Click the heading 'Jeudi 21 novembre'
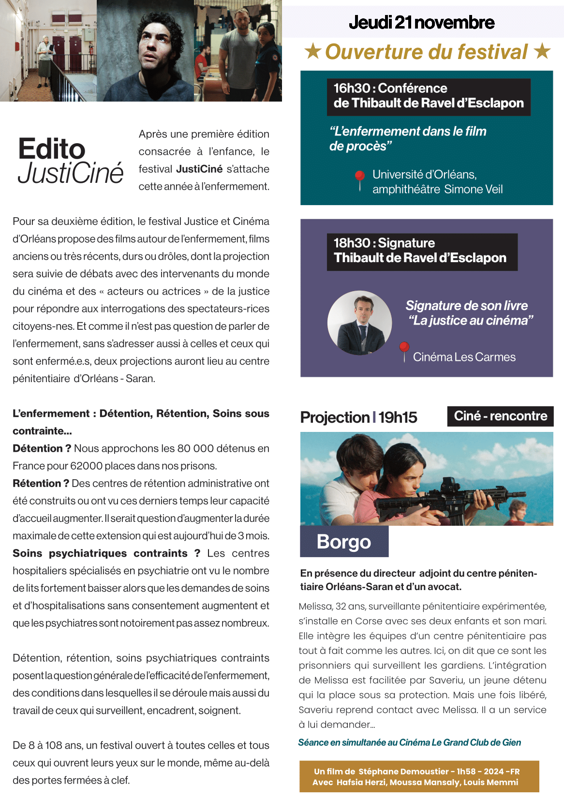pyautogui.click(x=421, y=23)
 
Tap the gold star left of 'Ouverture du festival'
pyautogui.click(x=313, y=51)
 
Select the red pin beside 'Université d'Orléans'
pyautogui.click(x=360, y=178)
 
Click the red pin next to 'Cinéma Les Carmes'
pyautogui.click(x=404, y=349)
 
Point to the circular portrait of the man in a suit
pyautogui.click(x=359, y=323)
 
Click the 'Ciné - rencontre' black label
pyautogui.click(x=500, y=416)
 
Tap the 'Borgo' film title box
pyautogui.click(x=344, y=542)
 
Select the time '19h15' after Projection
pyautogui.click(x=398, y=417)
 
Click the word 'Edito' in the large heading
pyautogui.click(x=52, y=148)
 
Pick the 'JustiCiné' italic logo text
pyautogui.click(x=71, y=173)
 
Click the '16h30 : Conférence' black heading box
pyautogui.click(x=428, y=96)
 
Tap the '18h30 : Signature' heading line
pyautogui.click(x=384, y=243)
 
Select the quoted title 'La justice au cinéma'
pyautogui.click(x=471, y=320)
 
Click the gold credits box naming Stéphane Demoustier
pyautogui.click(x=419, y=776)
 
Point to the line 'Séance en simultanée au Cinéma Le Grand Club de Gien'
pyautogui.click(x=409, y=742)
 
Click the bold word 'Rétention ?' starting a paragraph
pyautogui.click(x=37, y=483)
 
